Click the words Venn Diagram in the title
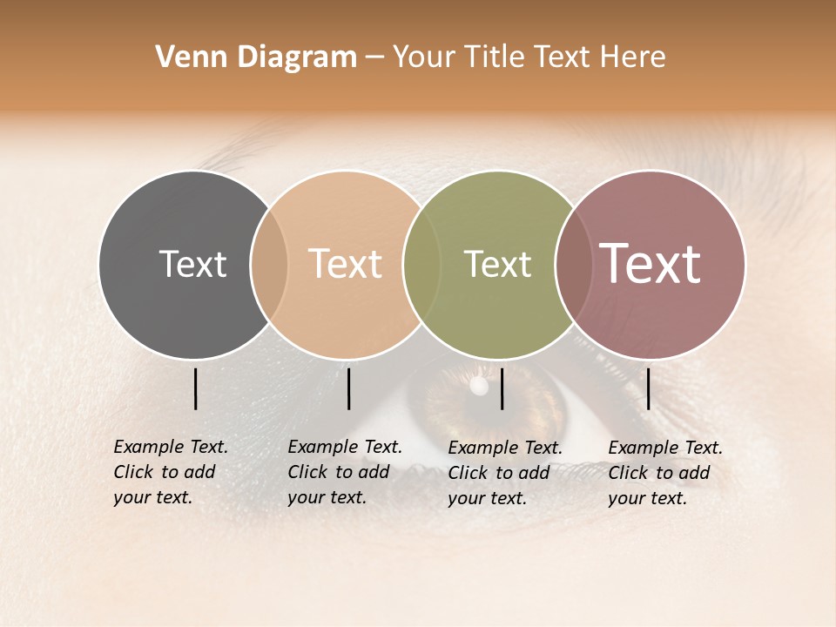point(256,57)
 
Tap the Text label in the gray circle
point(192,264)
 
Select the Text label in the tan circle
point(345,264)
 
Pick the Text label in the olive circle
point(497,264)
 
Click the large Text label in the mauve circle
point(650,264)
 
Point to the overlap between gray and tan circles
point(269,265)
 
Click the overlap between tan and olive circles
point(421,265)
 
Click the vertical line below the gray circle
point(195,388)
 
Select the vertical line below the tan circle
point(348,388)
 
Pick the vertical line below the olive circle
point(502,388)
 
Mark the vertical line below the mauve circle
point(649,388)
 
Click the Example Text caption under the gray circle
point(170,472)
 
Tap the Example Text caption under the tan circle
point(344,472)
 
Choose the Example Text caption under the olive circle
point(504,473)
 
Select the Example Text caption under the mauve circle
point(664,473)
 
